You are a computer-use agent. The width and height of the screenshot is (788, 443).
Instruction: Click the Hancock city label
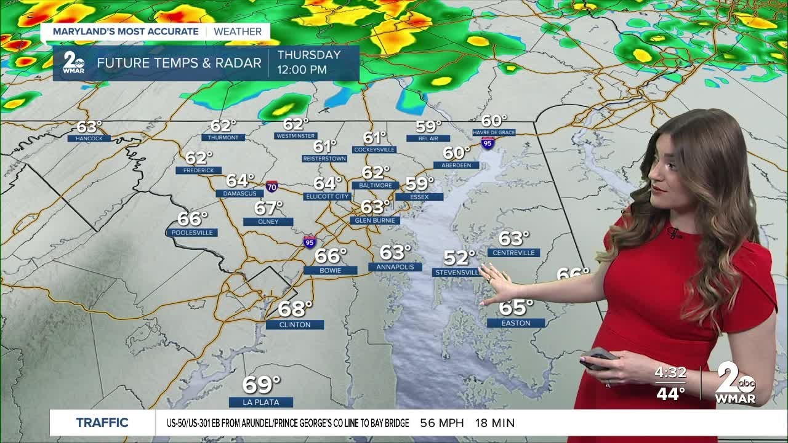pos(89,138)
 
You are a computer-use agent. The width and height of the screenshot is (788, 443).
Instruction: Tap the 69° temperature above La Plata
pos(261,385)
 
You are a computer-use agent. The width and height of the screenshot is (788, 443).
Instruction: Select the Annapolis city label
pos(395,267)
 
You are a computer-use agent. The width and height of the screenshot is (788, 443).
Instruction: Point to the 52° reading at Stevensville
pos(460,257)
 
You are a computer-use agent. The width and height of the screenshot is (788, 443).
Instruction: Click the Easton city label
pos(516,322)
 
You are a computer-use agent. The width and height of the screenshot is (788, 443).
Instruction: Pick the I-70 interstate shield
pos(271,186)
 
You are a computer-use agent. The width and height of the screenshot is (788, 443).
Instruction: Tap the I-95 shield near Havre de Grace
pos(488,143)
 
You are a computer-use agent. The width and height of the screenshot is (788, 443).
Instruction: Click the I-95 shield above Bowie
pos(310,242)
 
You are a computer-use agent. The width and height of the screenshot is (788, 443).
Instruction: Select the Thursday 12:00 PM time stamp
pos(309,62)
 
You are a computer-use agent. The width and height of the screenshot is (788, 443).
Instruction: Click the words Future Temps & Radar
pos(179,63)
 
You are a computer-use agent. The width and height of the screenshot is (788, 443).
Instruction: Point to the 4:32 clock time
pos(670,373)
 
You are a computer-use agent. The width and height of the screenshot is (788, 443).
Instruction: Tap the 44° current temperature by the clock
pos(670,394)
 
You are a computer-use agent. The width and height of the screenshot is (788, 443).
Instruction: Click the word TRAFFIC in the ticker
pos(102,423)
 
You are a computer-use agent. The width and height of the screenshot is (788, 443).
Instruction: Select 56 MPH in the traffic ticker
pos(441,423)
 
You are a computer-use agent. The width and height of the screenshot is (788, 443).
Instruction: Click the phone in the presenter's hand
pos(599,357)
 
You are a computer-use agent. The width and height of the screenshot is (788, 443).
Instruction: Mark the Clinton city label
pos(295,324)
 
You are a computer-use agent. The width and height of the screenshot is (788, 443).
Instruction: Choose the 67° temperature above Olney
pos(268,208)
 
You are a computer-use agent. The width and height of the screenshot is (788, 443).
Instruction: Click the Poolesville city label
pos(192,233)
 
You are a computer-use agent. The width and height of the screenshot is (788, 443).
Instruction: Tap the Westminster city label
pos(295,135)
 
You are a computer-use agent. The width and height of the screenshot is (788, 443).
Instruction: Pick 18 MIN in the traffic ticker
pos(495,423)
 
